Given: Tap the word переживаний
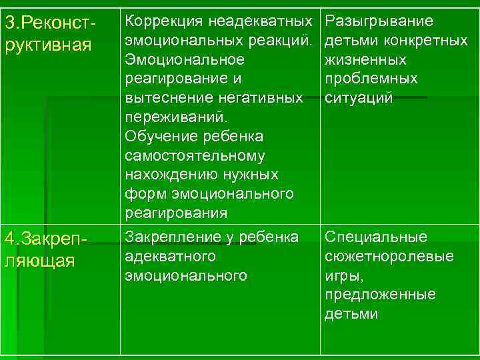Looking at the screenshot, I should tap(176, 117).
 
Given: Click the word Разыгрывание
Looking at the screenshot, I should tap(379, 21).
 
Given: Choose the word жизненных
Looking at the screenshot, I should tap(366, 60).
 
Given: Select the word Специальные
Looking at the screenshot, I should tap(376, 237).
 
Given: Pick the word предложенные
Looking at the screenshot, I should tap(380, 294).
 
